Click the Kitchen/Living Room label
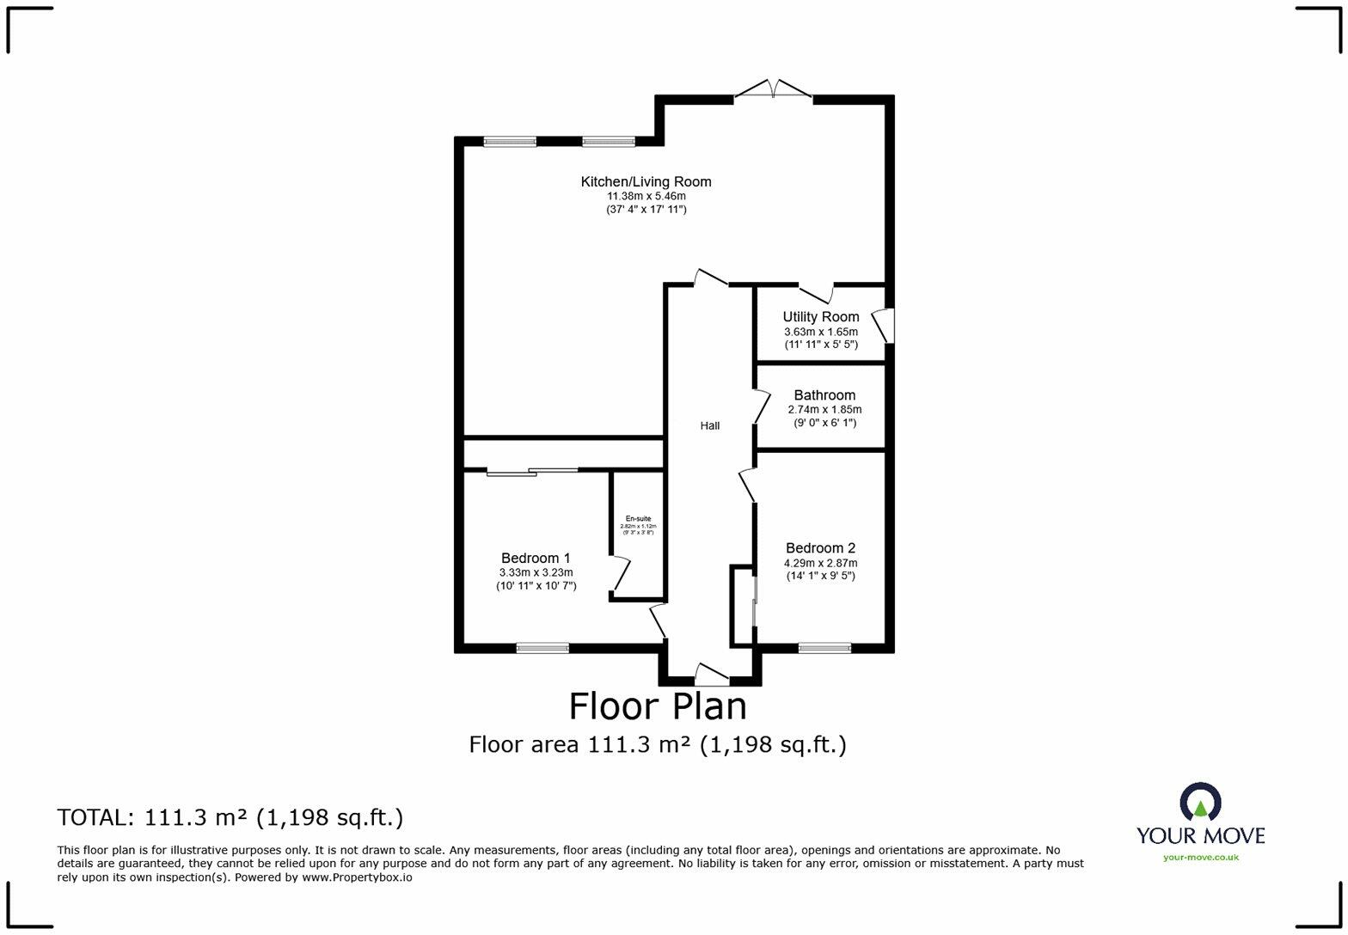coord(646,181)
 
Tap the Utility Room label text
coord(820,316)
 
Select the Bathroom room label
coord(824,395)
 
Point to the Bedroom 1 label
coord(536,558)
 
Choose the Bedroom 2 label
coord(820,548)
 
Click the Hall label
coord(709,425)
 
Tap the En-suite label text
coord(638,519)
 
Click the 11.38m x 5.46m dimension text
coord(646,196)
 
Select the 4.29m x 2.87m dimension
coord(820,563)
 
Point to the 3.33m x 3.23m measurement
coord(536,572)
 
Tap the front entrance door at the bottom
coord(711,675)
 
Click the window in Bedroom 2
coord(824,648)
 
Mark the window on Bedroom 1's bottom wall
coord(542,648)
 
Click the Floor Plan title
coord(658,706)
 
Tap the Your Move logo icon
coord(1200,801)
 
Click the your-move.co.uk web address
coord(1200,857)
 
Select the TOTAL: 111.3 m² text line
coord(230,817)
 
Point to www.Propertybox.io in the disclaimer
coord(357,877)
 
